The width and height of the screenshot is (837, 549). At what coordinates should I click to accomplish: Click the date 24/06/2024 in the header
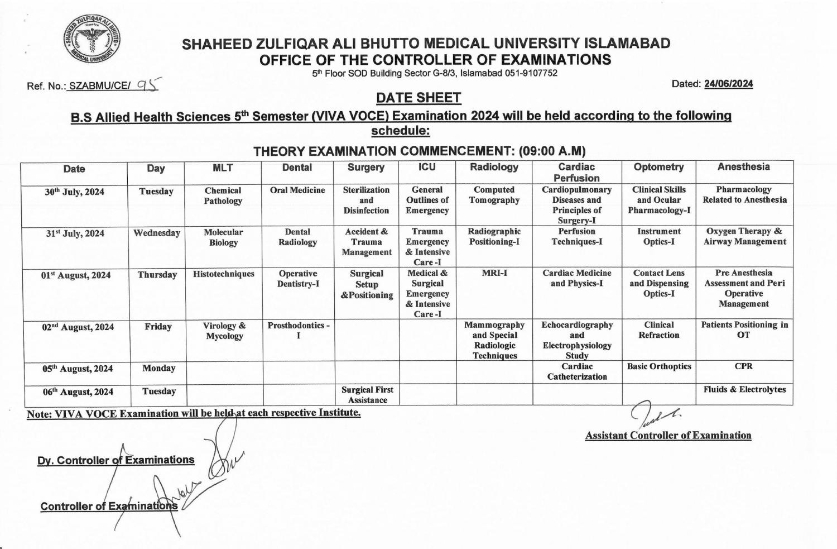coord(728,84)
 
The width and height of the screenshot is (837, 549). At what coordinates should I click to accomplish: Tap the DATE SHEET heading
coord(419,98)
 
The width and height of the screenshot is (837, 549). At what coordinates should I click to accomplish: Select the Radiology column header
coord(494,167)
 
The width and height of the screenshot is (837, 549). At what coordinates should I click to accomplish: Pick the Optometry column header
coord(658,167)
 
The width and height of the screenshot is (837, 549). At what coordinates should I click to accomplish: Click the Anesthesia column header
coord(743,167)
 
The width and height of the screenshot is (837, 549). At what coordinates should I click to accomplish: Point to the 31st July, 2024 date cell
coord(75,233)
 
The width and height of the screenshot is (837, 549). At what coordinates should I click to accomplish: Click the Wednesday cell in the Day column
coord(157,233)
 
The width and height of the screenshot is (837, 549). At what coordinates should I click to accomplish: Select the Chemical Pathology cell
coord(223,195)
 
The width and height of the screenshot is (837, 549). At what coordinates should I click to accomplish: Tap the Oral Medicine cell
coord(297,190)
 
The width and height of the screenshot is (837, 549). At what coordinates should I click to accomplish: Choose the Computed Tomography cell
coord(494,195)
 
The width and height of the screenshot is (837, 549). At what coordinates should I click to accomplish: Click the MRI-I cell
coord(494,274)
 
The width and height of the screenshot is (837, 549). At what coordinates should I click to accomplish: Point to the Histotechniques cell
coord(223,274)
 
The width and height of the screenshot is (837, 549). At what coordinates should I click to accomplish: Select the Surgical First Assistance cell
coord(367,394)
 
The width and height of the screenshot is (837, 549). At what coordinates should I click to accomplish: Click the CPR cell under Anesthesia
coord(743,366)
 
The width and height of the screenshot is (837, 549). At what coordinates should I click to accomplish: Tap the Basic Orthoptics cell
coord(659,366)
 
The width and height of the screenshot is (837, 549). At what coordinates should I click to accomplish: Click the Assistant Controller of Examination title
coord(668,436)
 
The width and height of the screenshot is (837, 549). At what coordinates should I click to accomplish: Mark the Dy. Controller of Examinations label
coord(116,460)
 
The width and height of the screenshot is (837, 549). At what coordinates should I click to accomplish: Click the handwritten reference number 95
coord(148,85)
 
